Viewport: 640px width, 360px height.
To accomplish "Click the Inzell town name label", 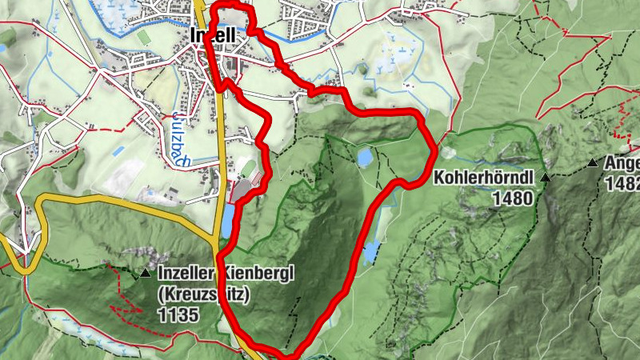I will (213, 35).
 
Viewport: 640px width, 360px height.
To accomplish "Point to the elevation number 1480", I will (513, 197).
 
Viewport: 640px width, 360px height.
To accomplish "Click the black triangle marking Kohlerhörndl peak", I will (546, 177).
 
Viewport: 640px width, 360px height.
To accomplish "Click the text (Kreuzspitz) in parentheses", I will (205, 294).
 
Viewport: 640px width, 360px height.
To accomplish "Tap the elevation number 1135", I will (178, 314).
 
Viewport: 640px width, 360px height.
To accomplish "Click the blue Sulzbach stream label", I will (178, 137).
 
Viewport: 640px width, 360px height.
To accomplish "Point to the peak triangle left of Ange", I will (593, 164).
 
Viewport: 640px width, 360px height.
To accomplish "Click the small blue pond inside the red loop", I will (364, 157).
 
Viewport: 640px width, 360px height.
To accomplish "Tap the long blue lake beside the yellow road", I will (229, 221).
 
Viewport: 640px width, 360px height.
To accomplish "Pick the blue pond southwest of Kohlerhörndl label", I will (372, 252).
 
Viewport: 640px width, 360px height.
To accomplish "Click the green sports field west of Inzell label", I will (143, 37).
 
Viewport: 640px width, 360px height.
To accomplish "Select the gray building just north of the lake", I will (242, 191).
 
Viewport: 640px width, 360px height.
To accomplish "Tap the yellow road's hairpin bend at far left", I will (18, 265).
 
